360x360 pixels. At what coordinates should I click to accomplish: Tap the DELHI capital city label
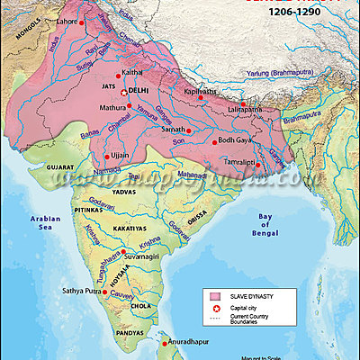click(139, 92)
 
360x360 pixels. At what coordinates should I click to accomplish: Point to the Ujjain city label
click(118, 156)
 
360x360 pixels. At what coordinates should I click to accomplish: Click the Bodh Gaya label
click(238, 140)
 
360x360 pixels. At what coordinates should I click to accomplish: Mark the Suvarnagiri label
click(149, 256)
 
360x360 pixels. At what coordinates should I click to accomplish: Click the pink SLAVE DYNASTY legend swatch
click(216, 295)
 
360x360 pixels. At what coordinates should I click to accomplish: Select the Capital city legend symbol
click(216, 309)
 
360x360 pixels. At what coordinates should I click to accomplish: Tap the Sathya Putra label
click(84, 292)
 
